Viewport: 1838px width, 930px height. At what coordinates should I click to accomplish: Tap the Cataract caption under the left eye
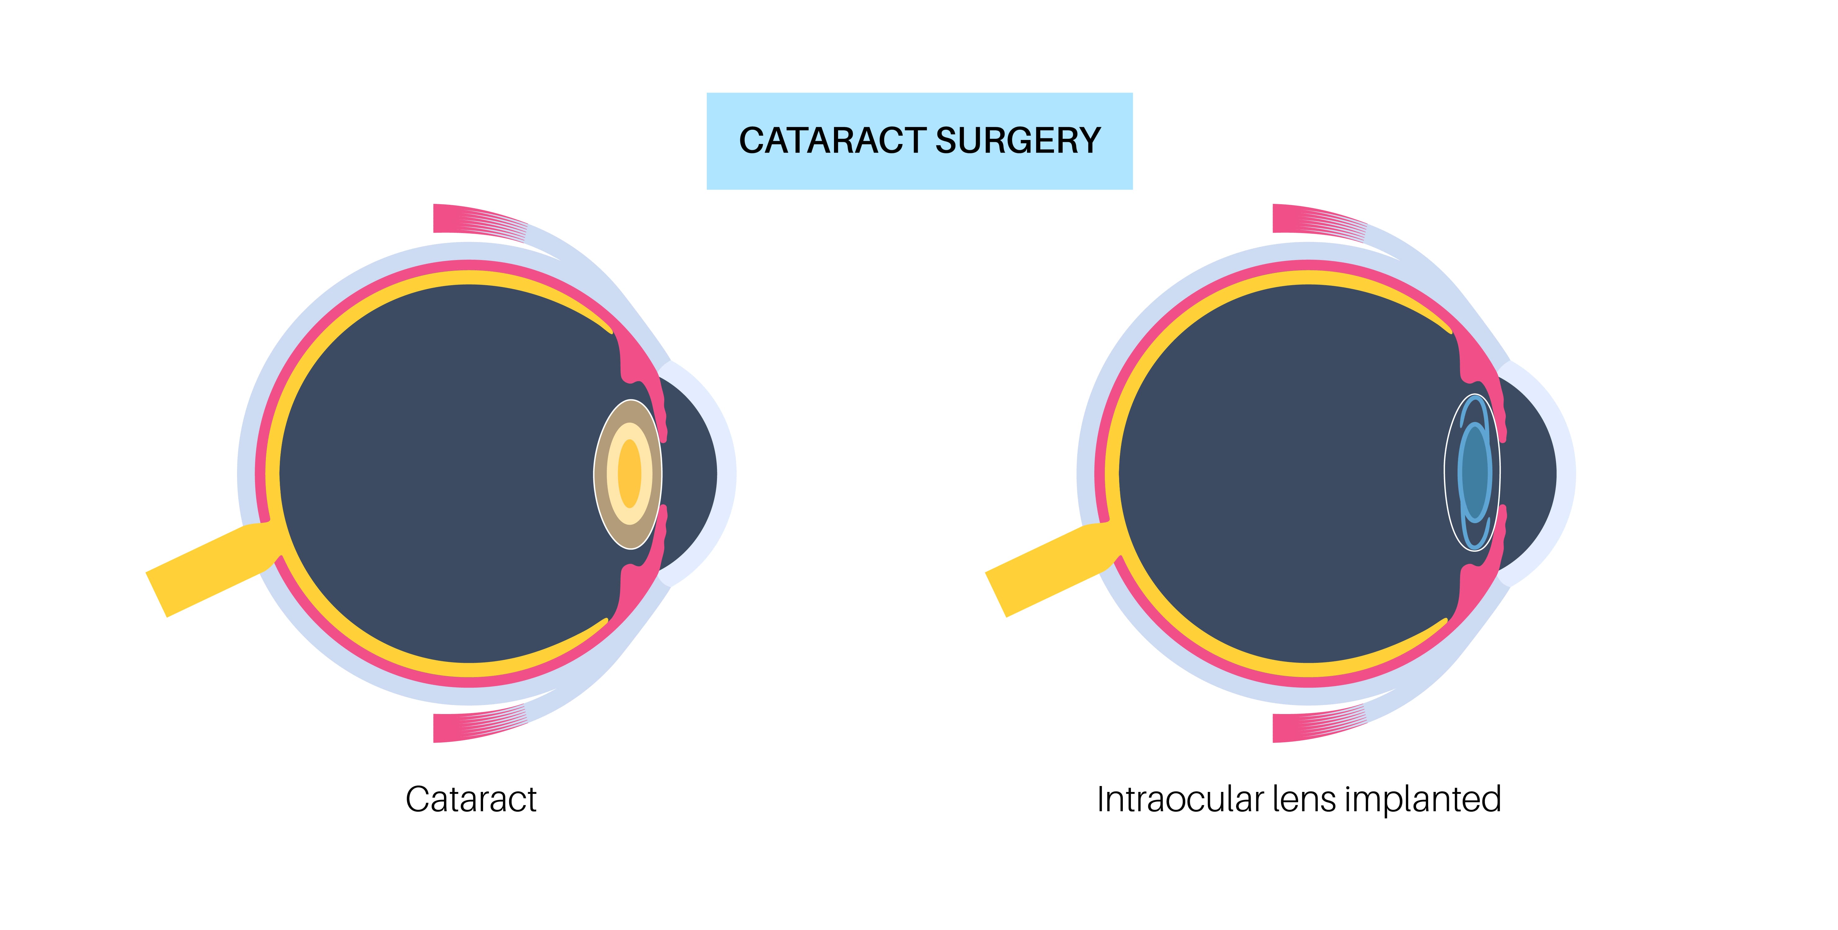(471, 799)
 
